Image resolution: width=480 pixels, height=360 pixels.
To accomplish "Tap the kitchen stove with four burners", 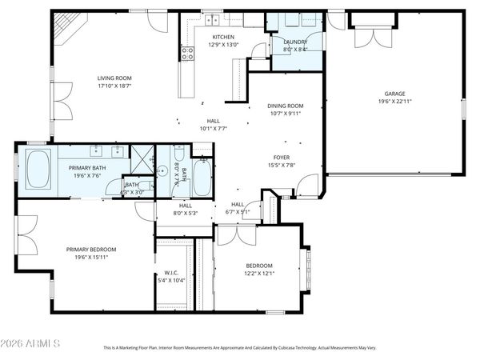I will (188, 54).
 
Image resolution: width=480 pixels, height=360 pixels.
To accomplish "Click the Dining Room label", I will (285, 106).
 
